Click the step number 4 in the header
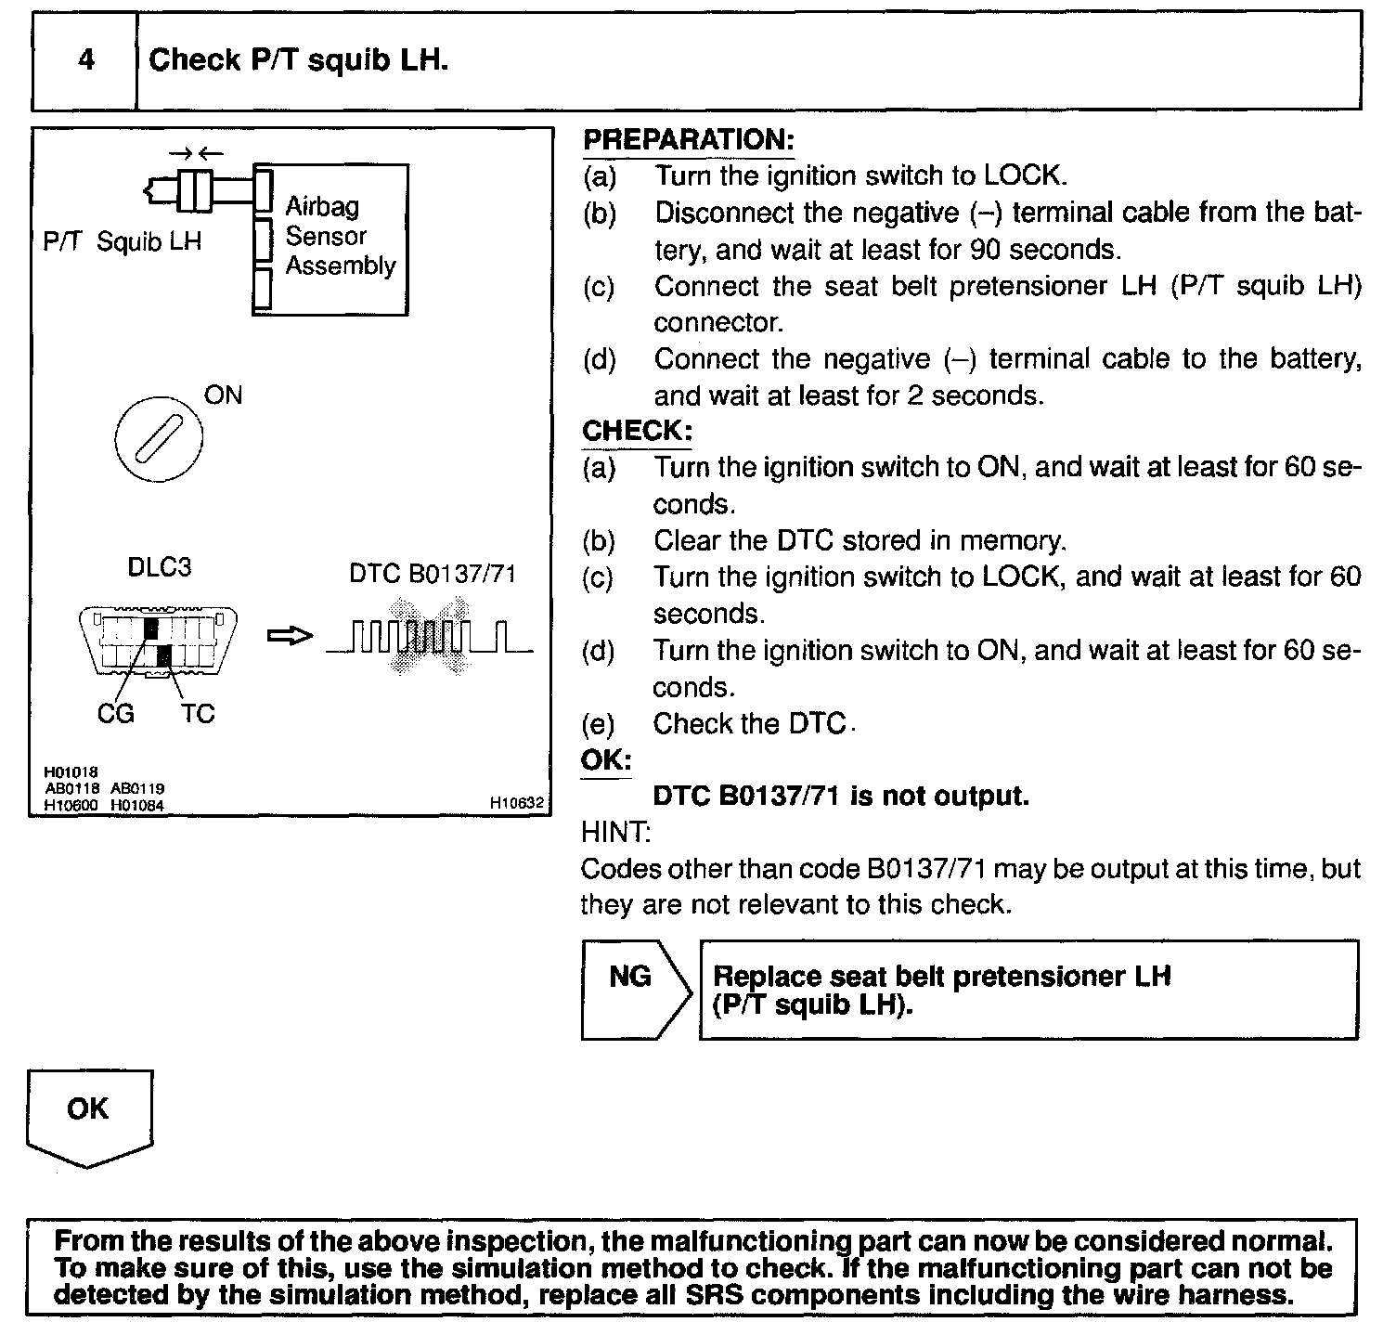(x=85, y=61)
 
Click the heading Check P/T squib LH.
(x=298, y=61)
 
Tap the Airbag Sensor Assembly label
(x=339, y=236)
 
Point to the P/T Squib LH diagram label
(x=122, y=242)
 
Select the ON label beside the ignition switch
(x=223, y=395)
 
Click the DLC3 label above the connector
(x=159, y=567)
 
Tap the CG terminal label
(x=115, y=714)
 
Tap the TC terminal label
(x=197, y=714)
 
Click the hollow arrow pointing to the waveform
(x=290, y=637)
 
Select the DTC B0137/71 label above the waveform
(x=432, y=575)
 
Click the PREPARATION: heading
(x=688, y=140)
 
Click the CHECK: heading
(x=637, y=432)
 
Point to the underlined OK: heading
(x=606, y=760)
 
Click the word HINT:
(x=615, y=833)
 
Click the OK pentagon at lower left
(x=89, y=1114)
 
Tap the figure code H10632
(x=516, y=803)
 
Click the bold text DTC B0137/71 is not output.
(x=841, y=797)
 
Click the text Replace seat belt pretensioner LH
(x=941, y=977)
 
